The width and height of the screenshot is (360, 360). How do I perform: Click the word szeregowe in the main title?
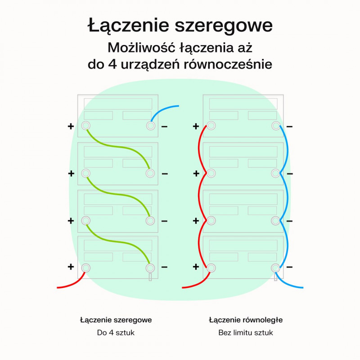tap(223, 26)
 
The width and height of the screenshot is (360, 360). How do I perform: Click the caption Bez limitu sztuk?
tap(246, 333)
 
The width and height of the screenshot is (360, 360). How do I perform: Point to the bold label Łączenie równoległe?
tap(246, 320)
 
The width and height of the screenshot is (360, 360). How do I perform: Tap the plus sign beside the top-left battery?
tap(71, 126)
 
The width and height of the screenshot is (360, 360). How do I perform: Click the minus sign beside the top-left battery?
tap(164, 126)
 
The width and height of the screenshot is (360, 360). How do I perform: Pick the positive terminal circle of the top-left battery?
tap(85, 126)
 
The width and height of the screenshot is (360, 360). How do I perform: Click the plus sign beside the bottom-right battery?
tap(196, 267)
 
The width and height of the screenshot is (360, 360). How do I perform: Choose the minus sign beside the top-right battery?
tap(289, 126)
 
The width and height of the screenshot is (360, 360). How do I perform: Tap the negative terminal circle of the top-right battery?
tap(275, 126)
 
